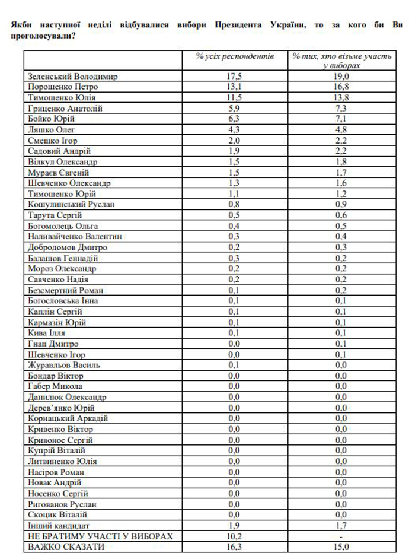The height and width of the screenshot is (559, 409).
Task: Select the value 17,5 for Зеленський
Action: pyautogui.click(x=235, y=77)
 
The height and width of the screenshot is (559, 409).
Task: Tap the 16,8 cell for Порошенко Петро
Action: pyautogui.click(x=341, y=87)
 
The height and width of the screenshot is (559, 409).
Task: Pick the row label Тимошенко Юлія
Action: pyautogui.click(x=62, y=98)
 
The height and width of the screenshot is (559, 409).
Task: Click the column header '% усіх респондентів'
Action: pyautogui.click(x=235, y=56)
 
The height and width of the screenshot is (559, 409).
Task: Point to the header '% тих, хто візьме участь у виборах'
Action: pyautogui.click(x=341, y=61)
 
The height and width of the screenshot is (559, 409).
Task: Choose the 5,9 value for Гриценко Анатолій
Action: pyautogui.click(x=235, y=109)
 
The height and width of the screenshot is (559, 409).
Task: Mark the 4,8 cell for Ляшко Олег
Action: pyautogui.click(x=341, y=130)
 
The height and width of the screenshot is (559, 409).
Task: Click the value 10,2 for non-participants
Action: pyautogui.click(x=235, y=536)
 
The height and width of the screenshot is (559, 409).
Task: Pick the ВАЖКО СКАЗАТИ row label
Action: pyautogui.click(x=66, y=547)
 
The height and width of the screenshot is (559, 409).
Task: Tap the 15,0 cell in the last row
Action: pyautogui.click(x=341, y=547)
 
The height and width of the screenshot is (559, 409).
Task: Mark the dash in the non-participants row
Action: pyautogui.click(x=341, y=536)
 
